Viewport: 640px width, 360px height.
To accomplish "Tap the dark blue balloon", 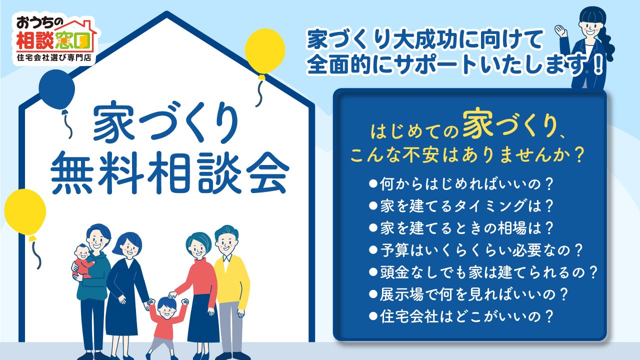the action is [56, 89].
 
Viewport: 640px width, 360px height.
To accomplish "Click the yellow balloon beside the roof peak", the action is [265, 51].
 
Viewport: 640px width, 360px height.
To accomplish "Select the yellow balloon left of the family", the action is [25, 212].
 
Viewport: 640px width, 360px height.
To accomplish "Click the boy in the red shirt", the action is [167, 325].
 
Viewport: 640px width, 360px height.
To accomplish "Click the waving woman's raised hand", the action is [561, 30].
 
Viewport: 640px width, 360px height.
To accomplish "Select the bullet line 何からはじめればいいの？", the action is [461, 184].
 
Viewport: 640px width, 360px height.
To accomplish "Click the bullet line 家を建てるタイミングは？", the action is [461, 206].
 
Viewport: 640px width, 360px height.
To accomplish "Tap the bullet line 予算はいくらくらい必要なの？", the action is [475, 250].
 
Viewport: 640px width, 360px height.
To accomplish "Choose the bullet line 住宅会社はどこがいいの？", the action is [461, 316].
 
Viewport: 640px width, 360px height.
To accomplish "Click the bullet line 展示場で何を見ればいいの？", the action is [468, 294].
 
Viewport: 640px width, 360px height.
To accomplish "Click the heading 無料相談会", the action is [170, 172].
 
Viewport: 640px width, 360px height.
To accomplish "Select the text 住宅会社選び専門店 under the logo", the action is [54, 57].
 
